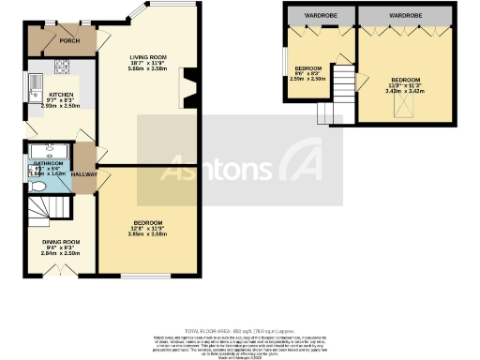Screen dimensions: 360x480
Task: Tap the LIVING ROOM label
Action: pos(147,57)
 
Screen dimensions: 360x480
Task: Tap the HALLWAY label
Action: pos(85,173)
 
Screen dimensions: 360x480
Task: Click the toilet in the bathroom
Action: pos(38,187)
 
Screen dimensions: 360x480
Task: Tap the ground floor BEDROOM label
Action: pos(148,222)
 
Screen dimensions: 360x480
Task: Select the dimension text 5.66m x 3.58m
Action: pos(147,69)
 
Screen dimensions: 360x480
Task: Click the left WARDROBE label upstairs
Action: pos(319,16)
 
